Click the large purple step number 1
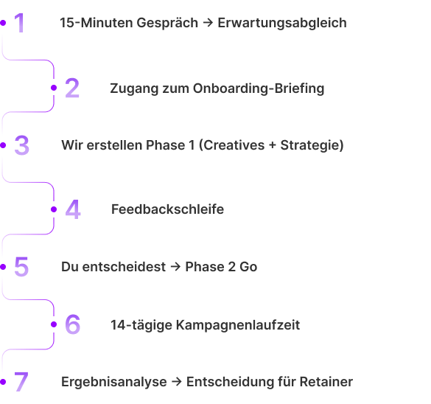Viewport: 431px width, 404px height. point(20,23)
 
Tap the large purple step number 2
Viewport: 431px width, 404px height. point(72,88)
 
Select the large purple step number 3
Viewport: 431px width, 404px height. point(21,145)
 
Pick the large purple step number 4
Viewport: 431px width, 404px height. point(73,209)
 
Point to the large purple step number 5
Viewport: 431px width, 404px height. point(21,266)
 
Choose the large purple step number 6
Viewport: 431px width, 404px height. point(73,324)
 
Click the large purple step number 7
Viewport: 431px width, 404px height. point(21,382)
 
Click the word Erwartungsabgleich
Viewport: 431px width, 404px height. point(282,23)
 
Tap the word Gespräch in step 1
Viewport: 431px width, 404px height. point(167,23)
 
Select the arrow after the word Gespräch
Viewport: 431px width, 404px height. point(208,23)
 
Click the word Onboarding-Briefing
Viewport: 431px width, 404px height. point(259,88)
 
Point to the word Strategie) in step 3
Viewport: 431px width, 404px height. point(312,145)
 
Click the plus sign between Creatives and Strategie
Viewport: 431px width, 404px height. point(273,146)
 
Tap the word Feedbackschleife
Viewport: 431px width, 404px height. point(168,209)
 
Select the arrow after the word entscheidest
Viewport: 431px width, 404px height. point(175,267)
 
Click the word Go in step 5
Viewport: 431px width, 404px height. point(248,267)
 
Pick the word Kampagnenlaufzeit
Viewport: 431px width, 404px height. point(238,325)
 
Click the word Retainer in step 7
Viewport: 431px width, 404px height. point(326,382)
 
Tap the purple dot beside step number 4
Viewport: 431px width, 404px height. point(54,209)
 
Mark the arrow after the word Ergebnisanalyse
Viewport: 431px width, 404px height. point(177,382)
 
